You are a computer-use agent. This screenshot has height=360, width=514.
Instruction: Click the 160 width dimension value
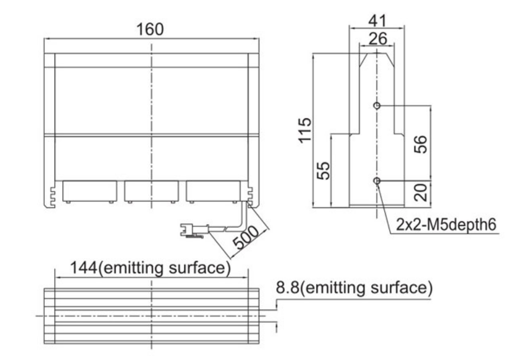150,29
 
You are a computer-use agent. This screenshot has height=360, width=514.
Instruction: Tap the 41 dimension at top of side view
377,21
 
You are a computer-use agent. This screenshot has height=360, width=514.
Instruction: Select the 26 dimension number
378,39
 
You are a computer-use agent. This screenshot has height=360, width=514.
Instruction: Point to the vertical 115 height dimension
305,130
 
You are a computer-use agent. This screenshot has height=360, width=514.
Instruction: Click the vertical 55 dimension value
324,170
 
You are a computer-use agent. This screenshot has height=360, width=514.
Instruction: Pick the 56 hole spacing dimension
421,144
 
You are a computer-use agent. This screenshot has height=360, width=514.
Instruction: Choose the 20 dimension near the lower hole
421,192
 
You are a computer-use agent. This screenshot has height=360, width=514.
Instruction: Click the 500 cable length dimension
246,237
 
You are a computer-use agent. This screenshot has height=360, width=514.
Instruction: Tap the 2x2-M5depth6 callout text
446,225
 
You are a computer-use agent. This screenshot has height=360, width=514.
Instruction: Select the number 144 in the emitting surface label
84,268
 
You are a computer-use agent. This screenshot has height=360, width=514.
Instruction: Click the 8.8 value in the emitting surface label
288,288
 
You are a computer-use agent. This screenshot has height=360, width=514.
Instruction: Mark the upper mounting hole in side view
377,105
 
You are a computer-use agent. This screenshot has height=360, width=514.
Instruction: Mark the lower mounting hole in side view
377,181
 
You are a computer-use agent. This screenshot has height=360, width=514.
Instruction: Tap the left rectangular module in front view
90,191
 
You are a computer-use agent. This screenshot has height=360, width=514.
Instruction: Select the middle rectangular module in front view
151,191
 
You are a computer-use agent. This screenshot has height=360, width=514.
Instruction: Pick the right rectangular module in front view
213,191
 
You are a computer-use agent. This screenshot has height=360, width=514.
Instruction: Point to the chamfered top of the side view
377,60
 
